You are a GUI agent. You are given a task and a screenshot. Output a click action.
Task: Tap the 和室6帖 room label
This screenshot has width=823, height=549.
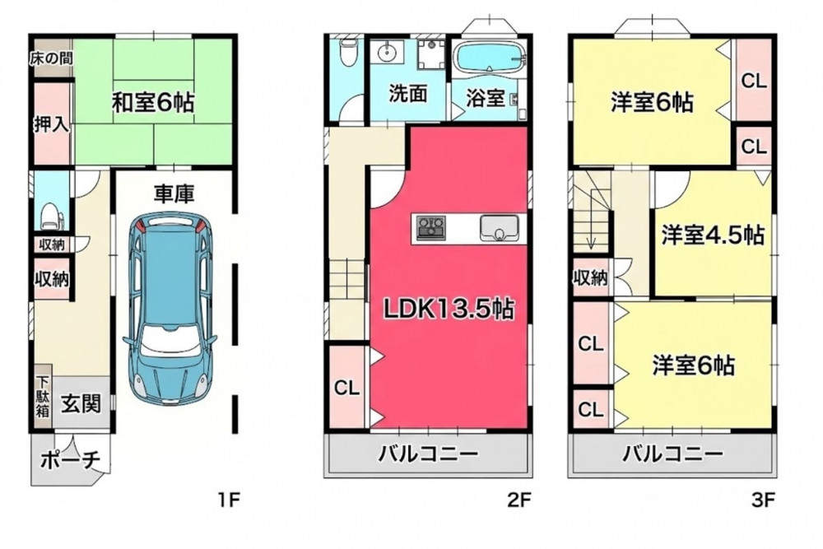pyautogui.click(x=153, y=102)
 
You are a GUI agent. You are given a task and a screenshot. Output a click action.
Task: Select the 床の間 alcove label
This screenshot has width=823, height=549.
pyautogui.click(x=50, y=58)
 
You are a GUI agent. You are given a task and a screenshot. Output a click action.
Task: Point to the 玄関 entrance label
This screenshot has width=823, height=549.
pyautogui.click(x=81, y=403)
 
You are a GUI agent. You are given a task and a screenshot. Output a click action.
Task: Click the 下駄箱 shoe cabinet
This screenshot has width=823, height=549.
pyautogui.click(x=43, y=396)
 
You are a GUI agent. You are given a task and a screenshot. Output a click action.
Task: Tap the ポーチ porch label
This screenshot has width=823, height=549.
pyautogui.click(x=70, y=460)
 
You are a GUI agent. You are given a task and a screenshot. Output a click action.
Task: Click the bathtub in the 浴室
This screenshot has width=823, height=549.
pyautogui.click(x=488, y=56)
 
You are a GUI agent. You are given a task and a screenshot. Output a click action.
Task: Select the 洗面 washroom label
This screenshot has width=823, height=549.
pyautogui.click(x=408, y=94)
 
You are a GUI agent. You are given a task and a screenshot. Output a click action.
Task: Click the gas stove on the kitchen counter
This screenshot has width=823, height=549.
pyautogui.click(x=430, y=228)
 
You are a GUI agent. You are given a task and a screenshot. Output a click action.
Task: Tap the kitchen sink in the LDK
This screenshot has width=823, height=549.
pyautogui.click(x=499, y=228)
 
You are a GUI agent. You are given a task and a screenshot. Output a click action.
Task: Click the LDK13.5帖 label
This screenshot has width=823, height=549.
pyautogui.click(x=449, y=309)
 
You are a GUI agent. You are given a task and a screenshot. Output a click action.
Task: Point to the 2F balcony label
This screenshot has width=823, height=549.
pyautogui.click(x=429, y=454)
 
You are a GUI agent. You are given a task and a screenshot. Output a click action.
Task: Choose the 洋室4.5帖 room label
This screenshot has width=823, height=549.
pyautogui.click(x=712, y=235)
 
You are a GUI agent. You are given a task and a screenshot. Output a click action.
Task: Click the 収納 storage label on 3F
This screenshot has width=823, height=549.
pyautogui.click(x=590, y=277)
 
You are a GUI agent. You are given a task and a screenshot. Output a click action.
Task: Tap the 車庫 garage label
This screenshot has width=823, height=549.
pyautogui.click(x=174, y=193)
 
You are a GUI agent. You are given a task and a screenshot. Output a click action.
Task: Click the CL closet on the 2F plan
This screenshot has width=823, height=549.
pyautogui.click(x=347, y=388)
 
